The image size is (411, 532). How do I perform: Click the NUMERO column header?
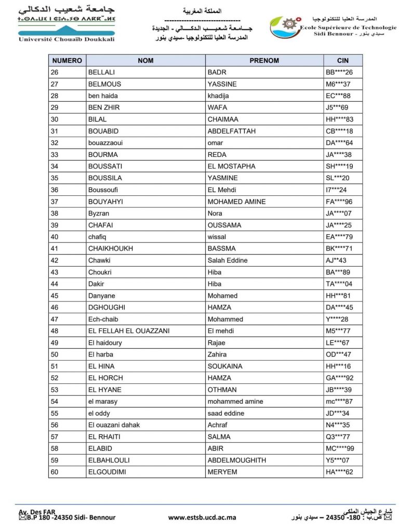click(67, 60)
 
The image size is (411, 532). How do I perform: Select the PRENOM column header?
click(264, 60)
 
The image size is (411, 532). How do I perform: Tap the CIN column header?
click(342, 60)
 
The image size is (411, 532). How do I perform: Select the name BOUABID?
click(103, 131)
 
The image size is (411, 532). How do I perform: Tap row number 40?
click(55, 237)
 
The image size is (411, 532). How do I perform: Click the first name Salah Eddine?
click(228, 260)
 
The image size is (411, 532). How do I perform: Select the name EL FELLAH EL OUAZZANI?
click(129, 331)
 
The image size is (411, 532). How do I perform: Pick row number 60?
click(55, 472)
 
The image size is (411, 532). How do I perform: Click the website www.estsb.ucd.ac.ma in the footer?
click(202, 517)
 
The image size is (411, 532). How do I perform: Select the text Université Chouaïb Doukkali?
click(66, 39)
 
